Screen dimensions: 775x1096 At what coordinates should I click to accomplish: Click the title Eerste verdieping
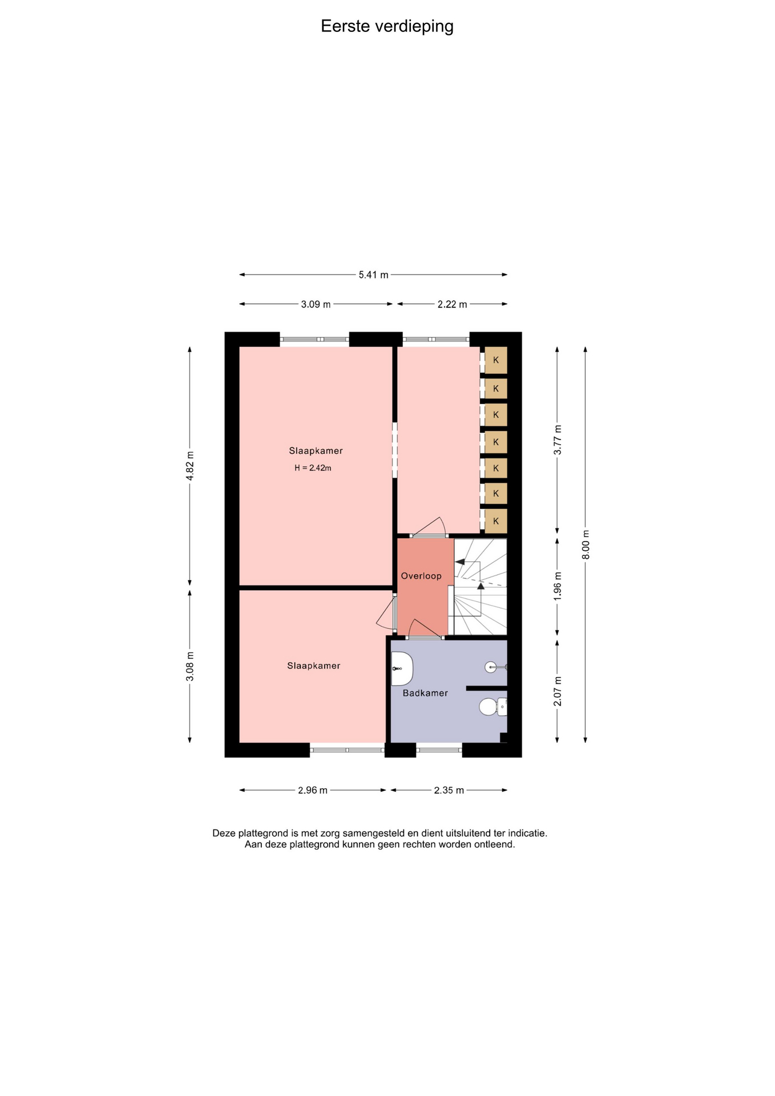tap(387, 26)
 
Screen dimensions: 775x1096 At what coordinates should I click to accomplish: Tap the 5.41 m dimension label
tap(373, 275)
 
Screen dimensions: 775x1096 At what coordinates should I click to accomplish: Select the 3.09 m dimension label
tap(316, 304)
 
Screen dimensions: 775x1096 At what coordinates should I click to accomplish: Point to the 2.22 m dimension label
tap(452, 304)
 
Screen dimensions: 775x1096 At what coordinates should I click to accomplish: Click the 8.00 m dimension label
tap(586, 545)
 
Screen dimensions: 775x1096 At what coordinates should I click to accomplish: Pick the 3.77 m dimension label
tap(558, 440)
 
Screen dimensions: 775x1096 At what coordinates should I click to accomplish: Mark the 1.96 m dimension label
tap(558, 585)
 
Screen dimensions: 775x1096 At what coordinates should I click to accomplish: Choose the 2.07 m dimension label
tap(558, 691)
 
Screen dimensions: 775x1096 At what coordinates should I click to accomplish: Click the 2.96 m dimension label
tap(313, 791)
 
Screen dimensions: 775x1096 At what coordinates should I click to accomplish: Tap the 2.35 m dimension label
tap(449, 791)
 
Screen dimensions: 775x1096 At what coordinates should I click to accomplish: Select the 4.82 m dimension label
tap(190, 466)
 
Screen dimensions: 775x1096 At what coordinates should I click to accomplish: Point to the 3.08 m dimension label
tap(190, 666)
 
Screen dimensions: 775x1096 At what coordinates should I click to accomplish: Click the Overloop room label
tap(421, 576)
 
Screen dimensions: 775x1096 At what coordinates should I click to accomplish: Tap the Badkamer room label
tap(425, 693)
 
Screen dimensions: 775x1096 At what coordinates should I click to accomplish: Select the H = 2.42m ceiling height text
tap(313, 468)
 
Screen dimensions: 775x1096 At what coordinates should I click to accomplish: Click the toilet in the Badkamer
tap(493, 707)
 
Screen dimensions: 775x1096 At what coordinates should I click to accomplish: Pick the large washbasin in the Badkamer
tap(402, 668)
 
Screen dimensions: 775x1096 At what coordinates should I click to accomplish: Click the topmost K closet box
tap(496, 360)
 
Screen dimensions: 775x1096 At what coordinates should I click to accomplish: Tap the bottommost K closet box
tap(496, 521)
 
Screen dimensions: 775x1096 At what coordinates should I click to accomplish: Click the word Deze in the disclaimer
tap(224, 833)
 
